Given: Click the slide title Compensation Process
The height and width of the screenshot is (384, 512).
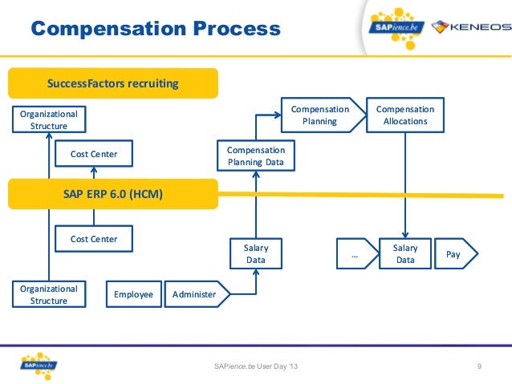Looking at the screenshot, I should click(x=155, y=30).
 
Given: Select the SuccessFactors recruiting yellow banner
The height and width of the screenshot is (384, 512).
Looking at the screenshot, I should click(x=112, y=83).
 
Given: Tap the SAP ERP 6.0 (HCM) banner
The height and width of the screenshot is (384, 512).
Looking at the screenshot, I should click(x=112, y=193).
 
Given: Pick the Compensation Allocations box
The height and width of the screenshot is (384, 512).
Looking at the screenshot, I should click(x=404, y=115).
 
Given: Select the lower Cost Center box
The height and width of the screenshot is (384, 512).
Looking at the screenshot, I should click(x=93, y=239).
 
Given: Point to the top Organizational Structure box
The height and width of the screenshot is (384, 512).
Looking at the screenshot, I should click(x=48, y=119).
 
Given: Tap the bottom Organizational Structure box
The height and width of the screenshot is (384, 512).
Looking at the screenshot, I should click(x=48, y=294).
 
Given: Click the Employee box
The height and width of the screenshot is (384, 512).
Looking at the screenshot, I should click(x=132, y=294).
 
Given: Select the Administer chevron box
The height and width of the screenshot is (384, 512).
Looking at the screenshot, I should click(x=195, y=294).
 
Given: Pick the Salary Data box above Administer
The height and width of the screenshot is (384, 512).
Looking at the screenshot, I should click(x=255, y=254).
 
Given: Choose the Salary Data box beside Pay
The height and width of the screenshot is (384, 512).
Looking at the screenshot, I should click(x=404, y=254).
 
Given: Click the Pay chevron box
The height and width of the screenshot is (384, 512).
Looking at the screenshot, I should click(x=455, y=254).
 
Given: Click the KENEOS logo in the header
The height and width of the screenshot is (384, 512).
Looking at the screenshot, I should click(x=470, y=27).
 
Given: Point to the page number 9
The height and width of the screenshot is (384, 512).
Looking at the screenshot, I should click(x=479, y=366).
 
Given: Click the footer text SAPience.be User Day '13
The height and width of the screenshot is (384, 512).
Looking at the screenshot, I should click(x=255, y=366).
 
